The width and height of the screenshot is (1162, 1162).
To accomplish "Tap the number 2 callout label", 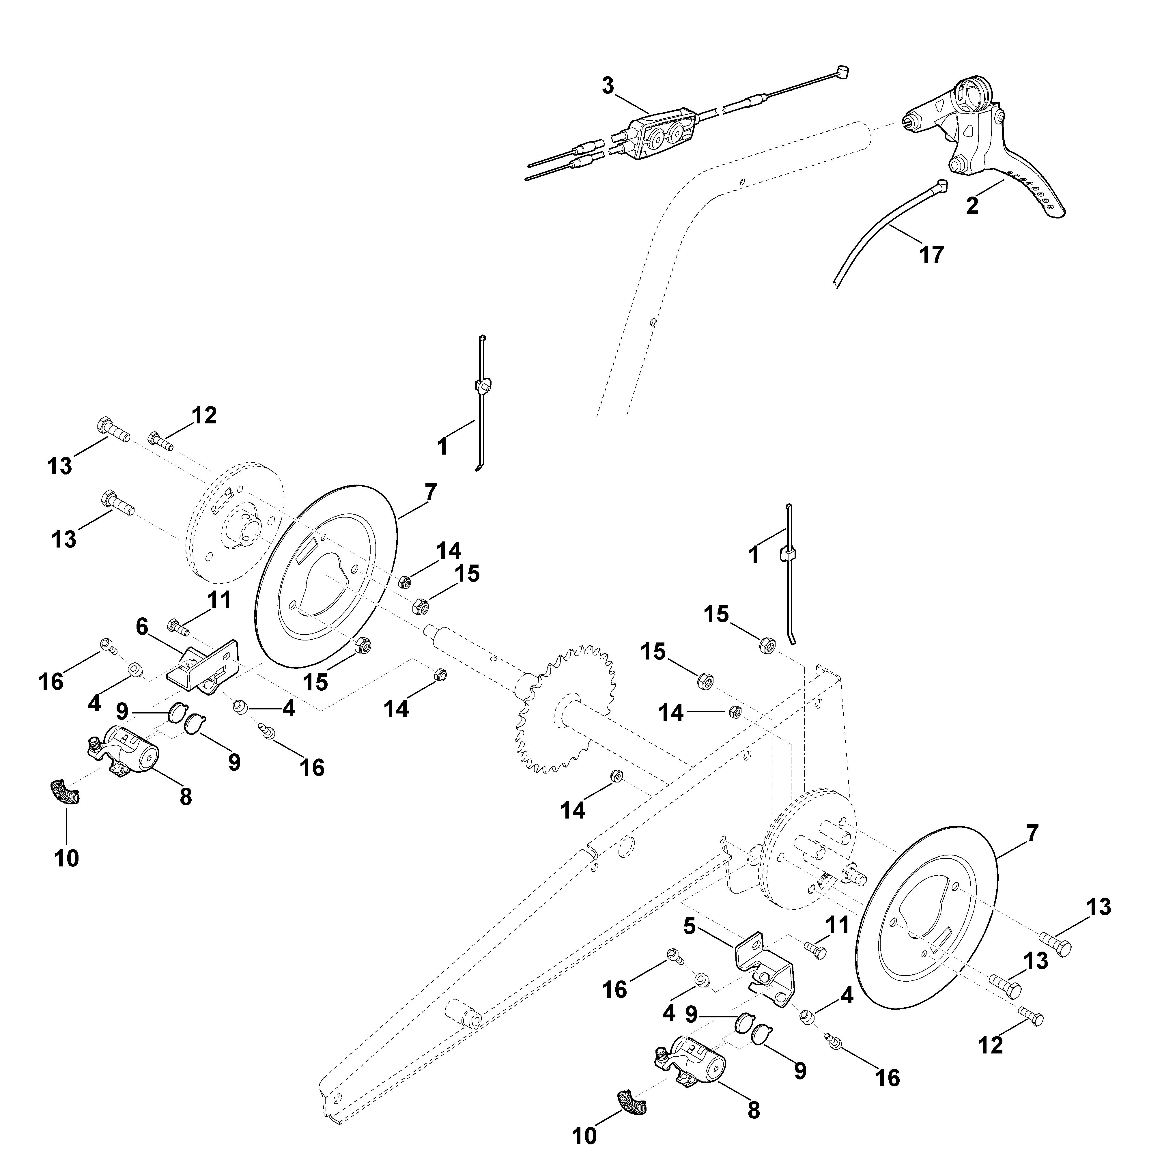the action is (x=972, y=206).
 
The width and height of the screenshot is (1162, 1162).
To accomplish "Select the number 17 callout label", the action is (x=932, y=254).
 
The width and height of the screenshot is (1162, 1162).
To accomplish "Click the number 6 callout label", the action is (x=142, y=627).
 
